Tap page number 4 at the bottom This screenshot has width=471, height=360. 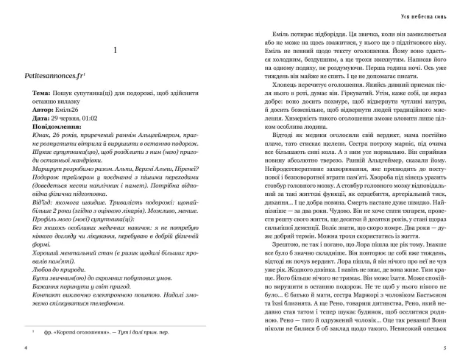click(x=26, y=347)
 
